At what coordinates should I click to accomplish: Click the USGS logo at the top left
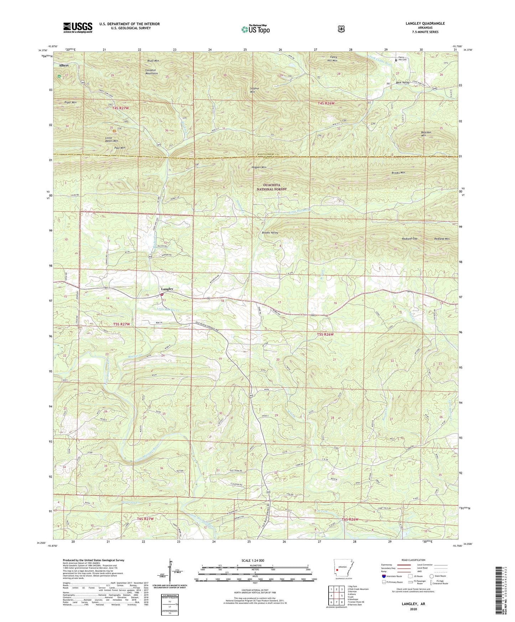pos(78,27)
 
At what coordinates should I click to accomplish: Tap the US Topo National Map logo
pos(255,29)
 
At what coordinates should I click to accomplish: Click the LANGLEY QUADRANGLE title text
pos(425,24)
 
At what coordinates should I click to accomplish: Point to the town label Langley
pos(166,289)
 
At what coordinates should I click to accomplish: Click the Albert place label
pos(64,66)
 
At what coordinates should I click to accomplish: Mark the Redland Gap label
pos(410,238)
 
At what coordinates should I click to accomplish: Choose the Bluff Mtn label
pos(153,61)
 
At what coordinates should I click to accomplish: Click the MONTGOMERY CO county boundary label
pos(272,154)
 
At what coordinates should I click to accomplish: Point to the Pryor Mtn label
pos(70,102)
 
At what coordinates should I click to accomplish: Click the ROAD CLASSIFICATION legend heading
pos(414,560)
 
